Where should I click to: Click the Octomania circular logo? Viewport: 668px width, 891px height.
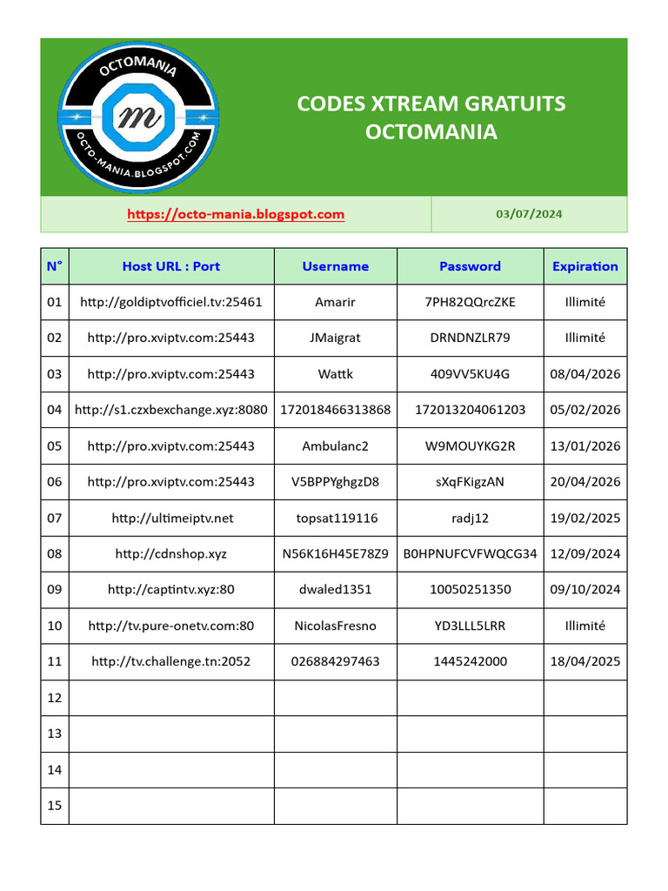(138, 117)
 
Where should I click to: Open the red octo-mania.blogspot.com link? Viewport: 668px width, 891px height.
(236, 214)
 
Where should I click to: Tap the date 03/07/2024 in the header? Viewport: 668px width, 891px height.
(529, 214)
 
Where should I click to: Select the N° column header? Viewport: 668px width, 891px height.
(55, 266)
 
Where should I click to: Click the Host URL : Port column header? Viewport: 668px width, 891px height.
(171, 266)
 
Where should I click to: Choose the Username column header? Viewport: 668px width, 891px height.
(336, 266)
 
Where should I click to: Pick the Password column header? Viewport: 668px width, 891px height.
(470, 266)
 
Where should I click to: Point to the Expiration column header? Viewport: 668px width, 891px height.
(585, 266)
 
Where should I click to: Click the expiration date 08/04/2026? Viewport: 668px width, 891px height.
(585, 374)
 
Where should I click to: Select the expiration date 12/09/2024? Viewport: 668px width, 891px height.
(585, 553)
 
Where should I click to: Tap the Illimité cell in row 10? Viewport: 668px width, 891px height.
(585, 625)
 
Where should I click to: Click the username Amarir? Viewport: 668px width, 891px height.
(336, 302)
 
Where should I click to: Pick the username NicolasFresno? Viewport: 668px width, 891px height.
(336, 625)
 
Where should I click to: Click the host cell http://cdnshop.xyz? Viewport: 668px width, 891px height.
(171, 553)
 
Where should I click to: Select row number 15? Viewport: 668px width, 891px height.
(55, 805)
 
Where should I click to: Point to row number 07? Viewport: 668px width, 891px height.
(55, 518)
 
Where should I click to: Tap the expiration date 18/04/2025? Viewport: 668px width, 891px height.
(585, 661)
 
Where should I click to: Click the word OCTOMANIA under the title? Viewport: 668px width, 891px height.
(431, 132)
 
